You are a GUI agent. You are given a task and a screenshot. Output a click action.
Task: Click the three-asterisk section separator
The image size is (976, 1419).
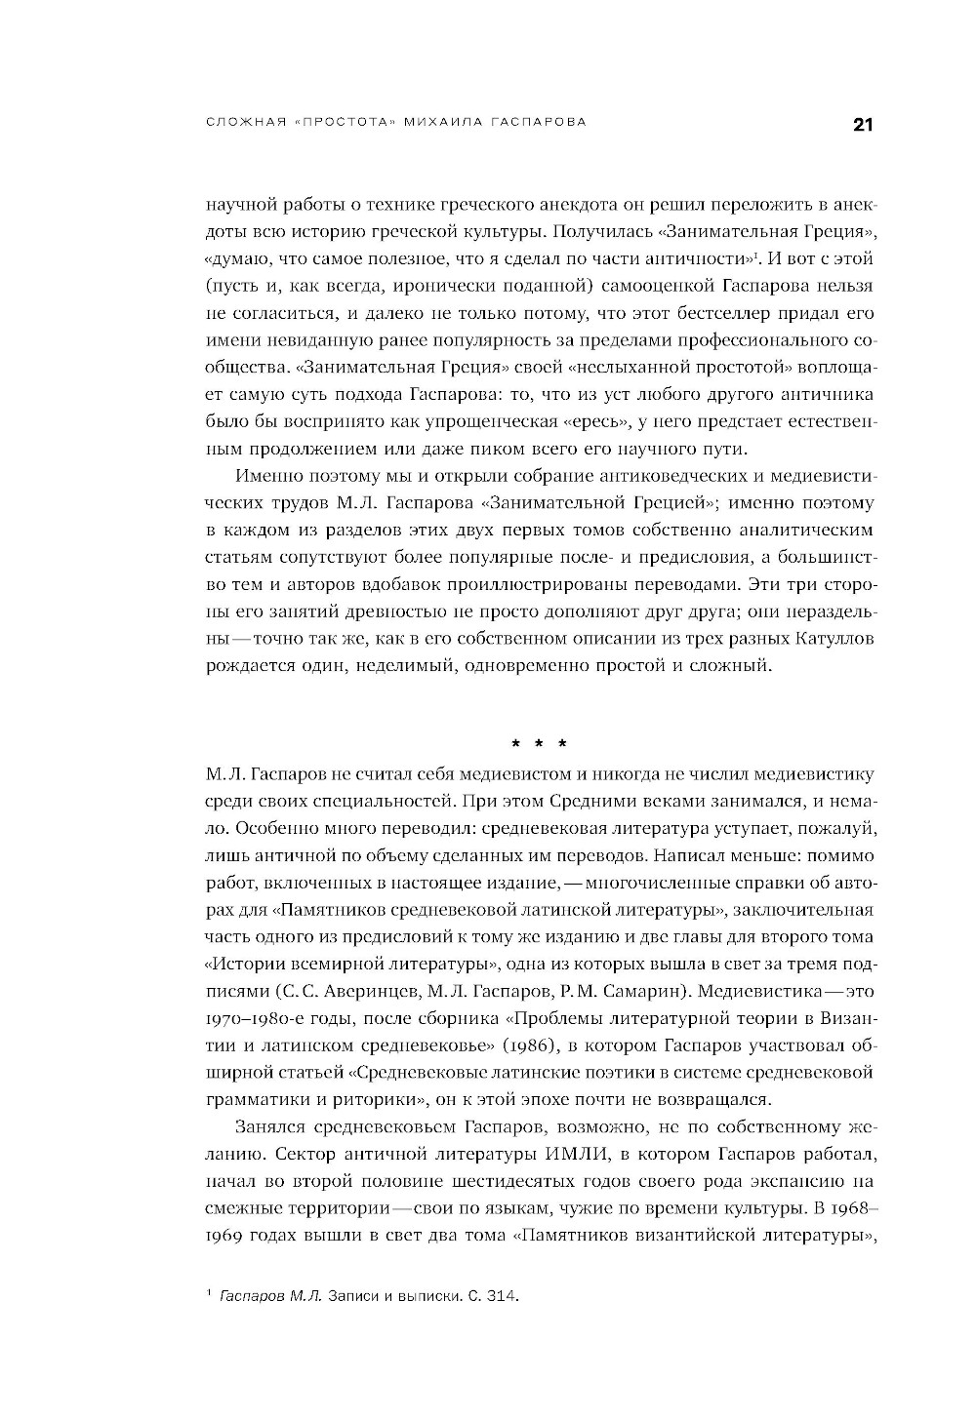click(540, 745)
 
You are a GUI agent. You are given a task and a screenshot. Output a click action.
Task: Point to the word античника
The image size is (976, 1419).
click(828, 395)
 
